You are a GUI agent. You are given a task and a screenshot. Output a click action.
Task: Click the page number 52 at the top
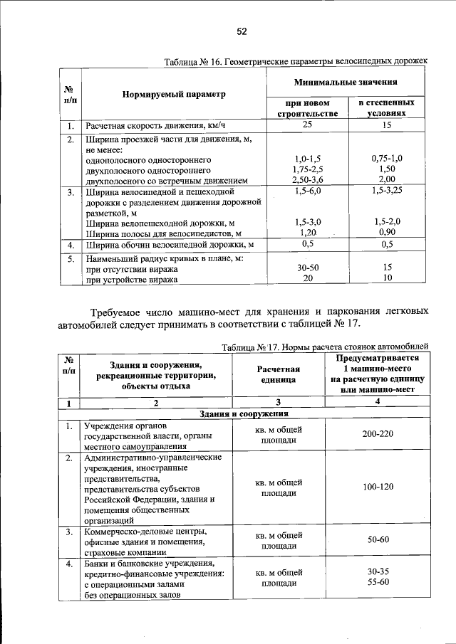point(241,32)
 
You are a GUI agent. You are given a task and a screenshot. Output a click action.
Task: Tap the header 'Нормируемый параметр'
point(173,94)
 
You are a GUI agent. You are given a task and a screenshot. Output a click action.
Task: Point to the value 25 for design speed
point(307,126)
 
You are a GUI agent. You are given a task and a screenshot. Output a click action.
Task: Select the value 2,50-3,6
point(308,181)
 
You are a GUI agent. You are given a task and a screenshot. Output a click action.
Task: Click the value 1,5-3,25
point(387,192)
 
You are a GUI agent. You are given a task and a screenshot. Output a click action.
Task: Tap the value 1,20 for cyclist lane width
point(307,232)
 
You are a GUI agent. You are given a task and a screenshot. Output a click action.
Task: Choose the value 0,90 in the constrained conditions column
point(387,232)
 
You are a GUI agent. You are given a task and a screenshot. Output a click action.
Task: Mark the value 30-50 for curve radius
point(307,268)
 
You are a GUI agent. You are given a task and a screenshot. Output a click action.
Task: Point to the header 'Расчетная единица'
point(279,375)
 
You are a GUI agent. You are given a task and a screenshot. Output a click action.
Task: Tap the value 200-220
point(378,434)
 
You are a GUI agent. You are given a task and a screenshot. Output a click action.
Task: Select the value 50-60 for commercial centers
point(378,540)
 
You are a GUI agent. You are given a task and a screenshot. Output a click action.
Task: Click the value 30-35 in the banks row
point(378,571)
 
